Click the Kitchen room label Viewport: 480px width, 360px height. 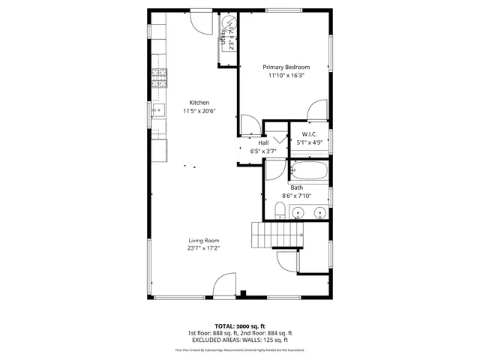tap(199, 103)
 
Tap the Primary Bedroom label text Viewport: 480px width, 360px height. tap(286, 67)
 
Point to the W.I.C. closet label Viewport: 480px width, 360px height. tap(310, 133)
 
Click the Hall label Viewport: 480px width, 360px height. tap(263, 142)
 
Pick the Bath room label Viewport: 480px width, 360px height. tap(297, 187)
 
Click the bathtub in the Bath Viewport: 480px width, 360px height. tap(309, 172)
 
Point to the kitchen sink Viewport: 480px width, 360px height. tap(158, 111)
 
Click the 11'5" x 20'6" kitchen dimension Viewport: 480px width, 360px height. tap(199, 111)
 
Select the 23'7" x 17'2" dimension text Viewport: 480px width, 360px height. tap(203, 248)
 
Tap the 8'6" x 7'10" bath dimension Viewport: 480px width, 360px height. tap(297, 196)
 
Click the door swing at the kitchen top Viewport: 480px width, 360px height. tap(200, 22)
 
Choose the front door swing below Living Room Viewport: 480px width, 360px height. tap(223, 286)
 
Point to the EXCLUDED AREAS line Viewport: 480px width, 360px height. tap(239, 339)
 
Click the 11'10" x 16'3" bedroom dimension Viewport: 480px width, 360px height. tap(286, 75)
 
